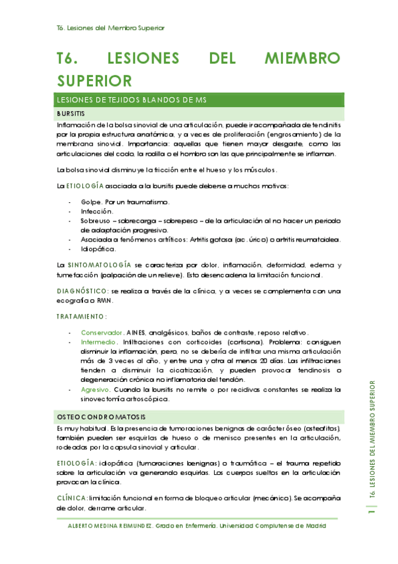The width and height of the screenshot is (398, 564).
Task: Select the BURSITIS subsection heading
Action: [70, 114]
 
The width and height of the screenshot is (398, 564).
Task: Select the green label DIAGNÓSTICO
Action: [83, 290]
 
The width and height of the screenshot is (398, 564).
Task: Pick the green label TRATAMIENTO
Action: [82, 316]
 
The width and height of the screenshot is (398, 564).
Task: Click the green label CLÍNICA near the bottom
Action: [72, 497]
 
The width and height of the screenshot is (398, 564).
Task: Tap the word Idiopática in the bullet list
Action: [99, 249]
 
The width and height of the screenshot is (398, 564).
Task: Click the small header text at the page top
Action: [111, 28]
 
